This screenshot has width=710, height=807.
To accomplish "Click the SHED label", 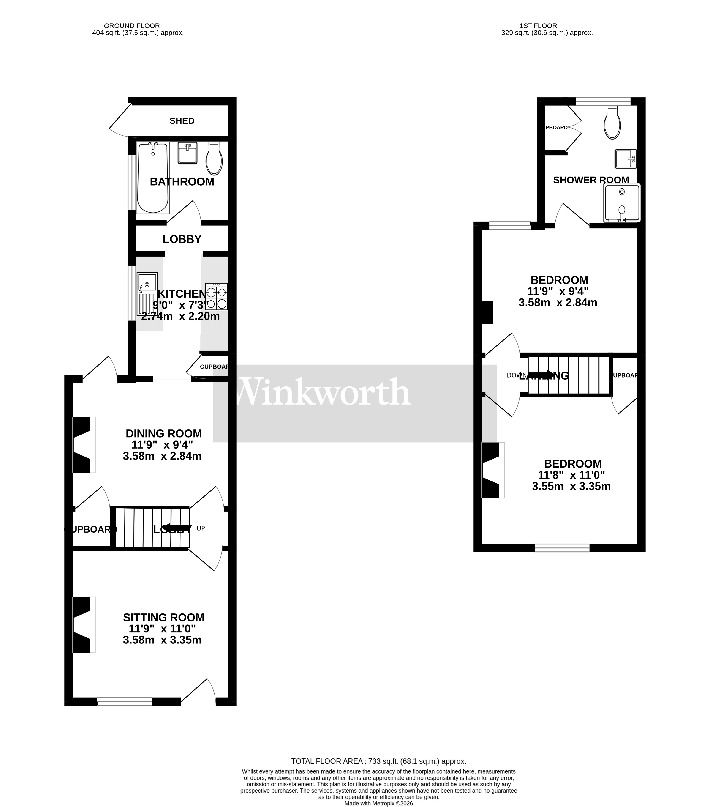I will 182,121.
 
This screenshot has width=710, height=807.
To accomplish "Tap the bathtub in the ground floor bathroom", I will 153,178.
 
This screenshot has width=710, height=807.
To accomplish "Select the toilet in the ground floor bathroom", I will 214,159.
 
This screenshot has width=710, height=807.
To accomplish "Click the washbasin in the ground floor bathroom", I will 188,153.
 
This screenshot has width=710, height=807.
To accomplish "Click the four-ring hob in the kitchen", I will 216,296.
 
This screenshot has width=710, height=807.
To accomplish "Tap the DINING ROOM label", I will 163,433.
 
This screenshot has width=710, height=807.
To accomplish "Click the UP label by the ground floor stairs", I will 201,528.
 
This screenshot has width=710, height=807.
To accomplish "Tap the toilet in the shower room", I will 612,122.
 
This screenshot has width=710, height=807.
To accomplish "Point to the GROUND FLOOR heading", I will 132,26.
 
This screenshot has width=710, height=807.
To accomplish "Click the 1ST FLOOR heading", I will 538,26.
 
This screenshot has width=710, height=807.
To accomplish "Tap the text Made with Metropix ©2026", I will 378,803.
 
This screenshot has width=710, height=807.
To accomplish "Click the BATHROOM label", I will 182,182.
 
